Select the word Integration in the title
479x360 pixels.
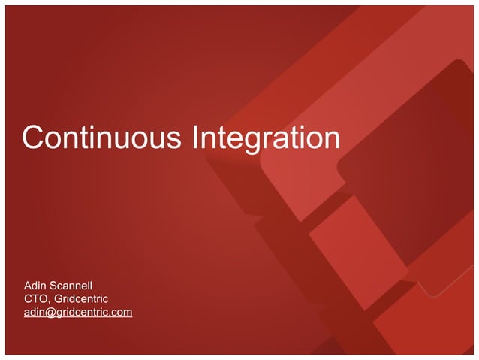(x=267, y=138)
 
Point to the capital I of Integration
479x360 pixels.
(x=197, y=138)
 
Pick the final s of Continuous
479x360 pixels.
(x=176, y=141)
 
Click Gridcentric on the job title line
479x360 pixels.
(x=82, y=299)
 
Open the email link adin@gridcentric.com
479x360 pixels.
(x=78, y=313)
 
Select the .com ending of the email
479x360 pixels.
(x=120, y=313)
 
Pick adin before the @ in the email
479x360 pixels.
(x=35, y=313)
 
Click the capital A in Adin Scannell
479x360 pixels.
(x=29, y=286)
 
